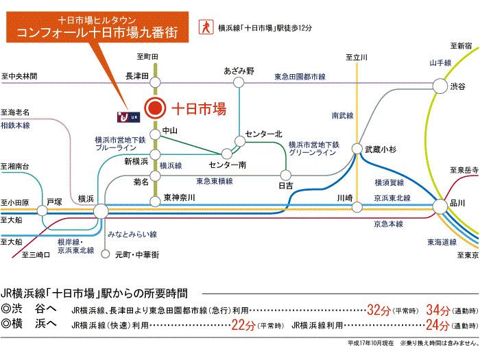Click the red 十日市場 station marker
click(x=155, y=108)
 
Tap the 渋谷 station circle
click(x=440, y=86)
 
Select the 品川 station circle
click(x=440, y=206)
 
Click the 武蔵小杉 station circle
click(x=357, y=149)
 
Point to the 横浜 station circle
click(x=101, y=211)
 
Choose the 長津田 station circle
click(x=155, y=82)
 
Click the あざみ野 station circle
click(x=239, y=82)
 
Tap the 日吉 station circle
click(x=286, y=175)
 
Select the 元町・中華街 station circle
click(x=106, y=254)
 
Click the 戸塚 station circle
click(x=43, y=211)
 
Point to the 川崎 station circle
click(x=357, y=207)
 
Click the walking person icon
click(x=206, y=27)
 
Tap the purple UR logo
click(x=129, y=117)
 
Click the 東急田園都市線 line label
click(x=300, y=77)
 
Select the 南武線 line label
click(x=343, y=115)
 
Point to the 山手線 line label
click(x=440, y=63)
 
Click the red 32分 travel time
click(x=379, y=310)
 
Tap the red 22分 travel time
click(x=243, y=325)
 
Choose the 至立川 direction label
click(x=357, y=57)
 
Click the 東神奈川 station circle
click(x=155, y=202)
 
